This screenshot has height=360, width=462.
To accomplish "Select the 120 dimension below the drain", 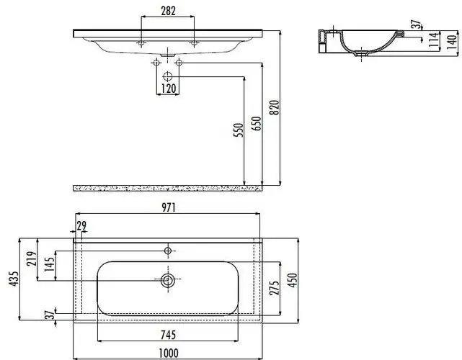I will [x=167, y=89].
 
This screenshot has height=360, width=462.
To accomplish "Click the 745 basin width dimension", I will [x=167, y=333].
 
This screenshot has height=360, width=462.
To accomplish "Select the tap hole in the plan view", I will [x=168, y=250].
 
